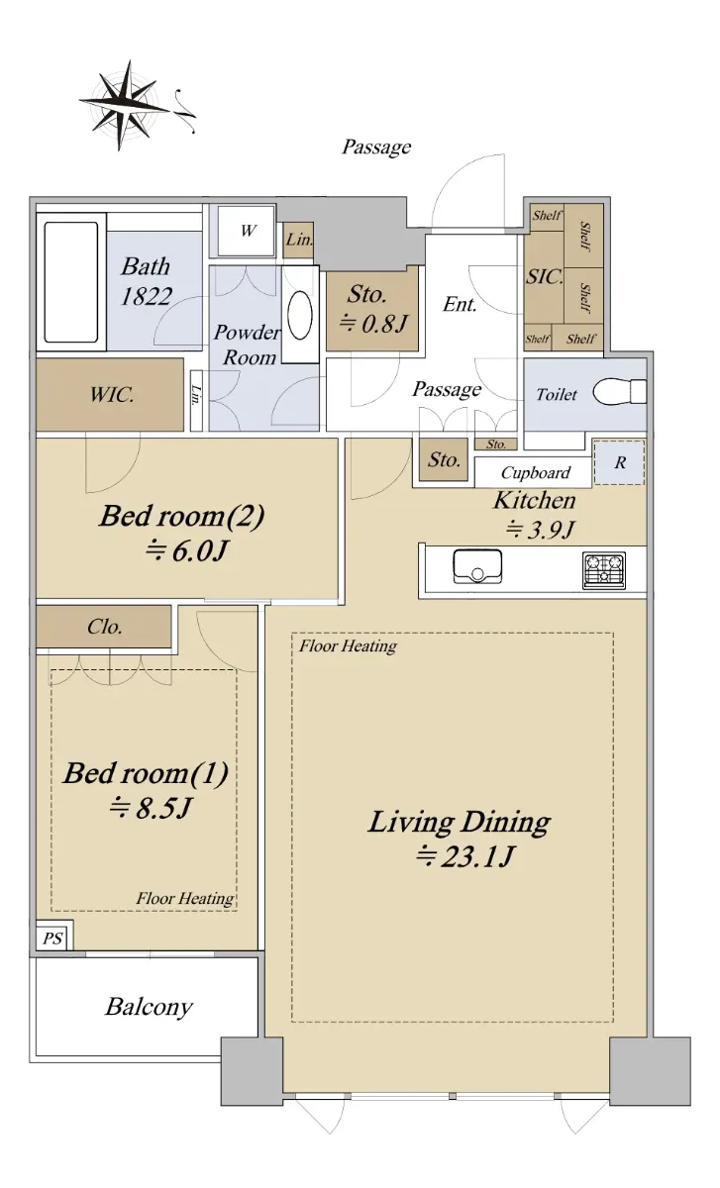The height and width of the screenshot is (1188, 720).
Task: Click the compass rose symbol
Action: point(128,105)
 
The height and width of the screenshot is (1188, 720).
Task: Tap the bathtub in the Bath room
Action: point(71,282)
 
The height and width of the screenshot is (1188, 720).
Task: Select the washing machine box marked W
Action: point(247,231)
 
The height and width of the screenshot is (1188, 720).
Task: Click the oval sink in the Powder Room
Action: point(300,315)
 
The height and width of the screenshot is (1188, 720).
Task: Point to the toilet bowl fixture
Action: point(619,392)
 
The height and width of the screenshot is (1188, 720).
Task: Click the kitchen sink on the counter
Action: point(477,567)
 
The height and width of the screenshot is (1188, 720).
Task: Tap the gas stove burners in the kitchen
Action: point(604,570)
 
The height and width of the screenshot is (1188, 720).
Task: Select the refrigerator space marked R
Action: point(619,462)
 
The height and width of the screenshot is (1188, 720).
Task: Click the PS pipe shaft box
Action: point(53,939)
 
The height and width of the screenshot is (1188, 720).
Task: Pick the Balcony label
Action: point(150,1007)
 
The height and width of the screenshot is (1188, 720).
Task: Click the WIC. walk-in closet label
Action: point(112,395)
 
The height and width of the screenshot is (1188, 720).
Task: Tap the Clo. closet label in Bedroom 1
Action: point(105,627)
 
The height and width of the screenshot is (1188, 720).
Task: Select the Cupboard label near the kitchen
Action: point(536,472)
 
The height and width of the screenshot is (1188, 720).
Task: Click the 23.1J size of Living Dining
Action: point(465,856)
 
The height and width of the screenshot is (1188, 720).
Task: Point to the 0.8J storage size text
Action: point(373,323)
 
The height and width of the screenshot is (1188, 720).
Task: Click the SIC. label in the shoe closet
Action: point(545,276)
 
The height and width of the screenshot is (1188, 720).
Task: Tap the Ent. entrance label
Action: point(460,305)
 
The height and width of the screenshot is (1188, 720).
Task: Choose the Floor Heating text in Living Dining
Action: point(348,645)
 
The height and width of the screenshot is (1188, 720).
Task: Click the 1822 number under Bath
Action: point(146,296)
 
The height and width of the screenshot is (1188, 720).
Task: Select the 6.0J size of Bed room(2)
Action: point(186,551)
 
